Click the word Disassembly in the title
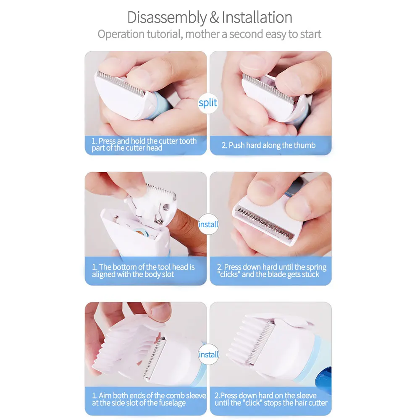(167, 18)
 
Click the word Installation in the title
(257, 18)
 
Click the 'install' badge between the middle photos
(208, 225)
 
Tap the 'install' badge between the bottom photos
(208, 354)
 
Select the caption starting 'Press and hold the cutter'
(144, 144)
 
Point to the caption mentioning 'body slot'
(143, 271)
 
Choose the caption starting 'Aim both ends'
(149, 399)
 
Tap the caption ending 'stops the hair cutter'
(271, 399)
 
